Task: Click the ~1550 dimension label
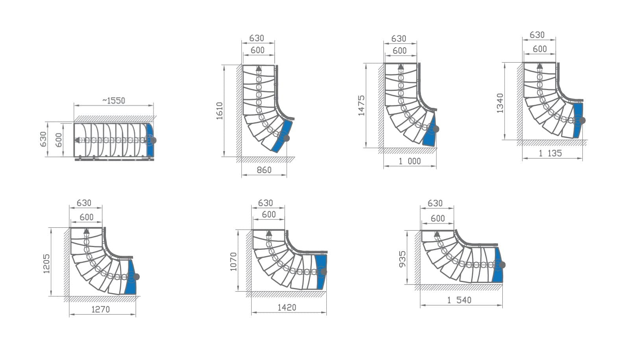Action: point(113,101)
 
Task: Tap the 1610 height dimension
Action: point(220,111)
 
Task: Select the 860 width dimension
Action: point(264,170)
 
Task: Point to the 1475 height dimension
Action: point(361,105)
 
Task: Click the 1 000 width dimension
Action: point(410,161)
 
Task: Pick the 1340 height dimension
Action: point(500,103)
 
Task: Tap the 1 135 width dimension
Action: point(550,153)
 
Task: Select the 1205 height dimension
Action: point(46,264)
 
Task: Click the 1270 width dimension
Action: point(101,310)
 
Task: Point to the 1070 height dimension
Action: point(233,262)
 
